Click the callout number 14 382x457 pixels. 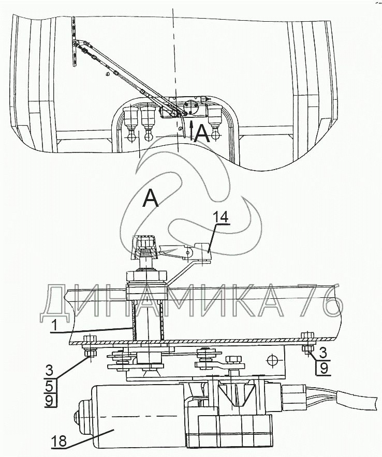pos(221,217)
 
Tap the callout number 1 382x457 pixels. pos(53,326)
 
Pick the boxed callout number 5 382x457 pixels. pos(49,387)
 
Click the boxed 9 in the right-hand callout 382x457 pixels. pos(324,368)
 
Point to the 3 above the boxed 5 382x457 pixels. pos(49,371)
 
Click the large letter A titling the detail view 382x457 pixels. pos(151,198)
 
